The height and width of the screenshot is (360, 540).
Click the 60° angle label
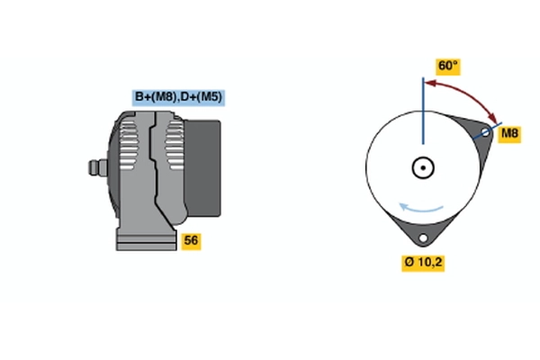click(447, 66)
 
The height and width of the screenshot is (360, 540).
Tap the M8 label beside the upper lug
click(509, 133)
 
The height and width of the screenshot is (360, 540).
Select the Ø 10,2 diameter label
click(423, 263)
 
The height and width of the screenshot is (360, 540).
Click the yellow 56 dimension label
click(191, 240)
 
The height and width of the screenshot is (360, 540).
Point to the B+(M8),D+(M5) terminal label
click(178, 97)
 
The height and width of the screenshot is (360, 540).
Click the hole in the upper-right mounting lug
click(486, 132)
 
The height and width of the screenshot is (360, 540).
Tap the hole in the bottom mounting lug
click(423, 238)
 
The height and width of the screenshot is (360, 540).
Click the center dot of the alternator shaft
click(423, 167)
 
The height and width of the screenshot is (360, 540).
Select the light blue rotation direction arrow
click(421, 208)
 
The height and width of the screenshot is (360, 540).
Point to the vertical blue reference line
click(423, 111)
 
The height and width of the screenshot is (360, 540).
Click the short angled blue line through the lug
click(487, 130)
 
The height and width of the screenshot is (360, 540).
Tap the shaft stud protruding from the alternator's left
click(98, 167)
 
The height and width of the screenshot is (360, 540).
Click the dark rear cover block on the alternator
click(202, 168)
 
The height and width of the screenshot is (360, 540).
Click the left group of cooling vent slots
click(128, 144)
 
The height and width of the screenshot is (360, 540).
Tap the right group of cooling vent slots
click(175, 146)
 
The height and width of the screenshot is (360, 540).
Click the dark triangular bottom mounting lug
click(423, 231)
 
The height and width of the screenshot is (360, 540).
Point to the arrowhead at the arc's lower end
click(493, 118)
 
